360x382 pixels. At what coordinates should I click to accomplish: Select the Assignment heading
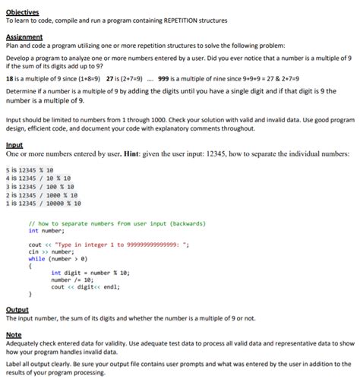point(24,36)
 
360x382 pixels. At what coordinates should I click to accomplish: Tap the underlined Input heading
point(14,144)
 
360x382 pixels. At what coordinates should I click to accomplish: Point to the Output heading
point(17,309)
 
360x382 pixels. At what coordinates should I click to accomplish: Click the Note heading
point(13,334)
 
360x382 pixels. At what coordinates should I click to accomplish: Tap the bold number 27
point(112,78)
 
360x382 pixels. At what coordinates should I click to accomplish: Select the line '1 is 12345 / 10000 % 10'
point(43,204)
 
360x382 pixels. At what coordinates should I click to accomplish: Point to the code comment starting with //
point(102,224)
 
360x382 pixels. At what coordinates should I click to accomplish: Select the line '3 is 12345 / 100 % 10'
point(39,186)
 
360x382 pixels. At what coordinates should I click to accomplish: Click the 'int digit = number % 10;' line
point(90,272)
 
